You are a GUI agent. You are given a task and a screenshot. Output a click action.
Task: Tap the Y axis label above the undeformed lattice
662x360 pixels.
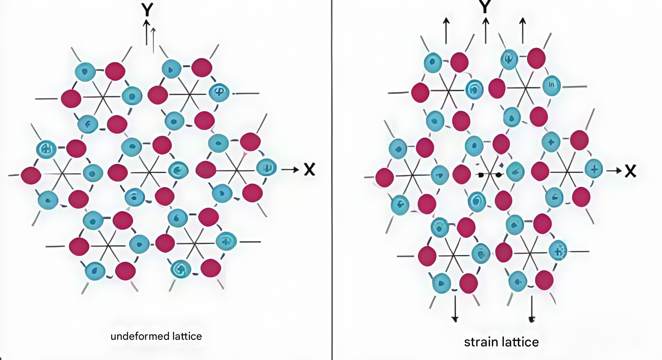point(147,11)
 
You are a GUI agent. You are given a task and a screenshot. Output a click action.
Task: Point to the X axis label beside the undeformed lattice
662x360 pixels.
point(309,170)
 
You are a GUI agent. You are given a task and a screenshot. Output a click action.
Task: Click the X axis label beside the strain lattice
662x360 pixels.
point(630,171)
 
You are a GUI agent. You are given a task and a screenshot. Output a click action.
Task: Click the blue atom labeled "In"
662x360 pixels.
point(551,85)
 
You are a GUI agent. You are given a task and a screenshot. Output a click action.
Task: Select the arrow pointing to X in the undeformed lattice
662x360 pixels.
point(290,170)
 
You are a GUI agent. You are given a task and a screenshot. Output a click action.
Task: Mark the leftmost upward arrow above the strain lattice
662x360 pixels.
point(446,31)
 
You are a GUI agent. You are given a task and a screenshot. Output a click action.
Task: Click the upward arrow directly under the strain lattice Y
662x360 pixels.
point(486,31)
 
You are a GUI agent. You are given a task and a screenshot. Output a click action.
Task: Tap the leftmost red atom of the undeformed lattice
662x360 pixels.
point(31,175)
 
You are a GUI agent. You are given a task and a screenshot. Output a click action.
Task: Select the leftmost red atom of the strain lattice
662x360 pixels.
point(385,177)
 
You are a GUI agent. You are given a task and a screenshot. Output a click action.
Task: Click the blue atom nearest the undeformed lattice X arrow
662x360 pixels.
point(266,168)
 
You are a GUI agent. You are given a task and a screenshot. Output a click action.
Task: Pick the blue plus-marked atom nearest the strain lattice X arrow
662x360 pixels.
point(594,169)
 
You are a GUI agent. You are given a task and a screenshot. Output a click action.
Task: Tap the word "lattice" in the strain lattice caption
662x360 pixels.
point(522,342)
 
